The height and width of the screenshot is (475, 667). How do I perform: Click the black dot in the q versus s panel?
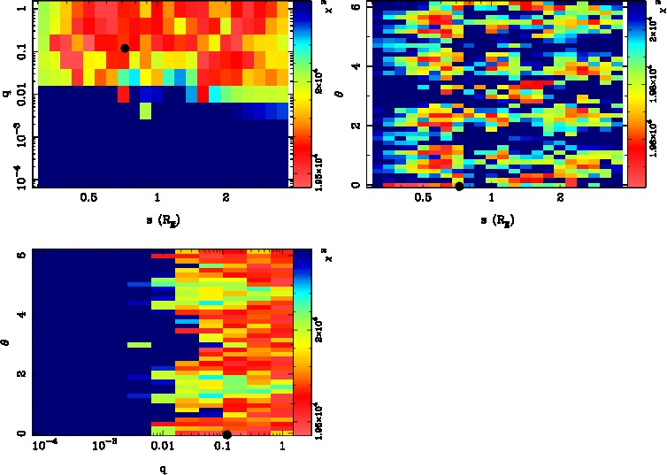(125, 48)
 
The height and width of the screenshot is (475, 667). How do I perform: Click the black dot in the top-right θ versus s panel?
(459, 186)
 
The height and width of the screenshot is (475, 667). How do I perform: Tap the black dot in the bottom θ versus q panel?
(227, 434)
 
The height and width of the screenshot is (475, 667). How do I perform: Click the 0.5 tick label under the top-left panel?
(88, 199)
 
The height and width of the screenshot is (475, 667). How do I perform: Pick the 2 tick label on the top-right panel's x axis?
(560, 199)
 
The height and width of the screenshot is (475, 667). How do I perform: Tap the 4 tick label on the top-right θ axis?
(354, 66)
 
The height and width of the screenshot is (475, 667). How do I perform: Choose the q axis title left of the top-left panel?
(7, 92)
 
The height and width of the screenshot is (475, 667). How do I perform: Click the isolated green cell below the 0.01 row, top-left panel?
(145, 111)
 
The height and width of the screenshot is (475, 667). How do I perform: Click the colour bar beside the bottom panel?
(302, 344)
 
